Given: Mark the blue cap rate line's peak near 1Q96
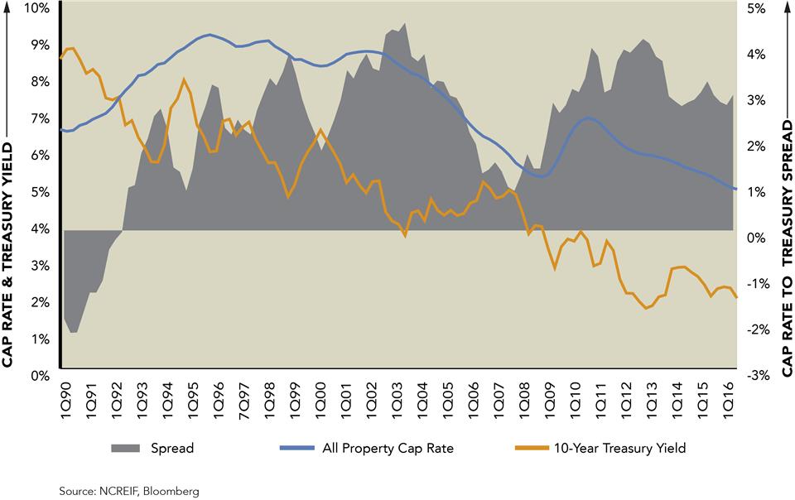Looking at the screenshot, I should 210,35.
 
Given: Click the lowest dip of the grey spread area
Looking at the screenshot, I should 74,332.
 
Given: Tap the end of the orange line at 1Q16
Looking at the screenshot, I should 736,297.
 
